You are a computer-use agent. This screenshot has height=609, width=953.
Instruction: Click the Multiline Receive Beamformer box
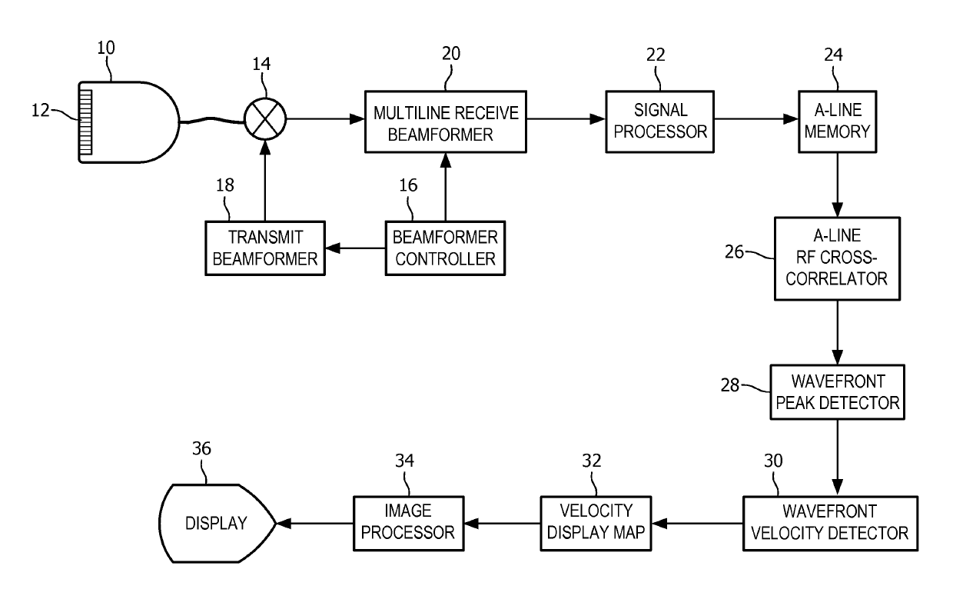446,121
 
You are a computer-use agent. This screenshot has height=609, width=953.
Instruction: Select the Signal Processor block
660,121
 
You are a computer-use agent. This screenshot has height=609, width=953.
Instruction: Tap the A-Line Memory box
837,121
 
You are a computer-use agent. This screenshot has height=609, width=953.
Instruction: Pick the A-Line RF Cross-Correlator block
837,259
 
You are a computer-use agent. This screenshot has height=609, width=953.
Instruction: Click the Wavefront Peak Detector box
837,392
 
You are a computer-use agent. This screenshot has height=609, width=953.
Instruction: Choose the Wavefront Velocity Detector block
830,524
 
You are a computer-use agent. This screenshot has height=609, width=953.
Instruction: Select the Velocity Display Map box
596,524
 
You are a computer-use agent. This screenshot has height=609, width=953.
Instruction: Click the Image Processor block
408,524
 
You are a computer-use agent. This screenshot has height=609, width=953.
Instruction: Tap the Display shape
217,524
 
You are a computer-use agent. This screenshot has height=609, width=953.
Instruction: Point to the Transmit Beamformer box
265,248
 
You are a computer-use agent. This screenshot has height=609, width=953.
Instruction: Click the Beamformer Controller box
445,248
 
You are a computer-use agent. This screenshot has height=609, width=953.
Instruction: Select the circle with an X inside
265,119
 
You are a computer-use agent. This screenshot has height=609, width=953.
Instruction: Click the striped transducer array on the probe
85,121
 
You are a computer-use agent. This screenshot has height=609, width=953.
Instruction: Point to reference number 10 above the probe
106,48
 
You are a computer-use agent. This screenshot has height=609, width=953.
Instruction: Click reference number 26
734,252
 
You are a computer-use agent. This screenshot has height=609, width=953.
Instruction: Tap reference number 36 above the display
201,448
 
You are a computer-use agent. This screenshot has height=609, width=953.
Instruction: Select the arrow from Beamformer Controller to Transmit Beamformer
355,248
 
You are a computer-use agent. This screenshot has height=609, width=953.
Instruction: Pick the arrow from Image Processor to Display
315,524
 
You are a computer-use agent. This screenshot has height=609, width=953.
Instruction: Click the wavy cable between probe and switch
212,121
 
